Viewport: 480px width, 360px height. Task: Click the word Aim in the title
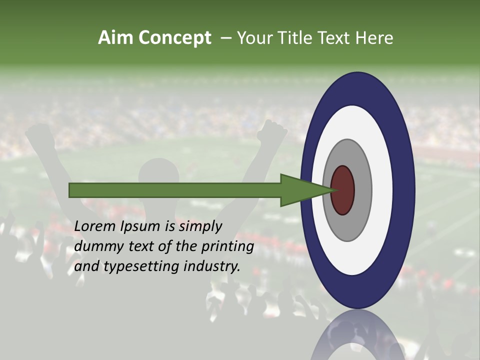[x=115, y=38]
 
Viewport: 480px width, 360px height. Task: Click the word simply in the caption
[x=200, y=227]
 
